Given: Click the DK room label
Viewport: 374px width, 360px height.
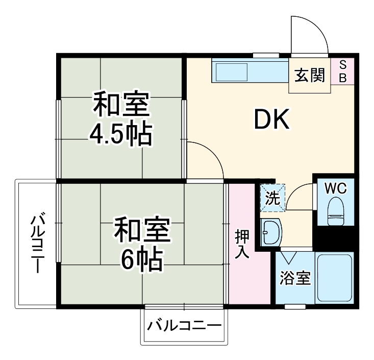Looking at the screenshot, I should click(272, 121).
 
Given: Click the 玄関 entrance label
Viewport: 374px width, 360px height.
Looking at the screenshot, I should click(309, 77).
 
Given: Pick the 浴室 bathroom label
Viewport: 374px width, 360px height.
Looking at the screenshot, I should click(295, 279).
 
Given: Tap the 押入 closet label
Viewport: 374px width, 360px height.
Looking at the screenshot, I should click(242, 244).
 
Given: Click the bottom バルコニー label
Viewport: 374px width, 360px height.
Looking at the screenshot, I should click(185, 325).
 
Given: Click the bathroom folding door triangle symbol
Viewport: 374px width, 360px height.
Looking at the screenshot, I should click(289, 255).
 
